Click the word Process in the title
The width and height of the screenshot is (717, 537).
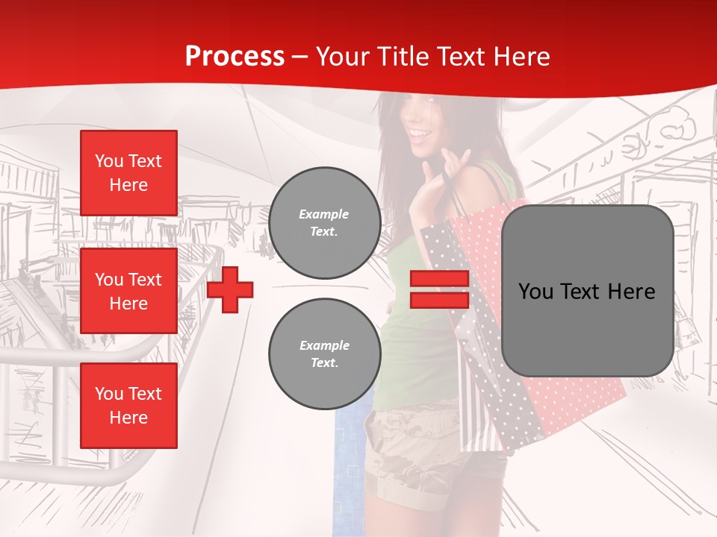point(235,57)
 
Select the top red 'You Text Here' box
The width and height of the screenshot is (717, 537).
point(128,173)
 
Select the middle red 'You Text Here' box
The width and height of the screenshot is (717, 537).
point(128,291)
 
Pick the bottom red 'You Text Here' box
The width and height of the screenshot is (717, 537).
point(128,405)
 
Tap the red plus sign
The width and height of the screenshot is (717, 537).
point(230,290)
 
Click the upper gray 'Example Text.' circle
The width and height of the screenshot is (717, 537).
point(325,223)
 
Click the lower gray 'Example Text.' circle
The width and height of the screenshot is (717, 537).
point(325,354)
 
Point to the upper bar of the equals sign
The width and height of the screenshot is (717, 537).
point(439,279)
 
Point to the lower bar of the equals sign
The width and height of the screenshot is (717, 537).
point(439,301)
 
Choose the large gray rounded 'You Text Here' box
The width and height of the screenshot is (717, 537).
point(587,291)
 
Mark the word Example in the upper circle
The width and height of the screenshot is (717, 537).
point(323,214)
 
